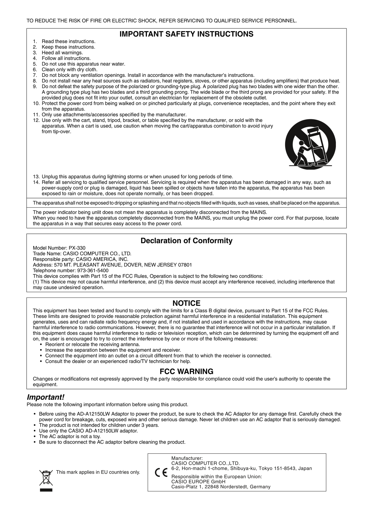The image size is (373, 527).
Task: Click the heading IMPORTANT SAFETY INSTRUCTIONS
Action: [x=186, y=34]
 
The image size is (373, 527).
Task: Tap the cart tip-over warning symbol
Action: [x=310, y=144]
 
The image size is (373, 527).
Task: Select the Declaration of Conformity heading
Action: [x=186, y=241]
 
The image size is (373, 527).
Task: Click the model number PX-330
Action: [x=79, y=248]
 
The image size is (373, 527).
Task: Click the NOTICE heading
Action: [x=186, y=303]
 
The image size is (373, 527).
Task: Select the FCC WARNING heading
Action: [x=186, y=372]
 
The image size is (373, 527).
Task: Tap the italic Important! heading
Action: [x=45, y=397]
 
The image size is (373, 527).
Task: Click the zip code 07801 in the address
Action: [x=185, y=265]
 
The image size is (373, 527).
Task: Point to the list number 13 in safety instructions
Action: [x=36, y=177]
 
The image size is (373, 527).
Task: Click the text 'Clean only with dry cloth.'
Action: [x=69, y=70]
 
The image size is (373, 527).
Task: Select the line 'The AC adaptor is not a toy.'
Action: [x=70, y=437]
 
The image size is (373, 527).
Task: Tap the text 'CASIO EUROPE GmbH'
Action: [x=198, y=481]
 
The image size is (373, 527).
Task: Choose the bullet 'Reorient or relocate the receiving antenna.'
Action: [x=92, y=344]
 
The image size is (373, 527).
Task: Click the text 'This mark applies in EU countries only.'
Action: [x=98, y=472]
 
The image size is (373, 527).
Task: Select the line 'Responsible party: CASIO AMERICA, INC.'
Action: [x=81, y=259]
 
